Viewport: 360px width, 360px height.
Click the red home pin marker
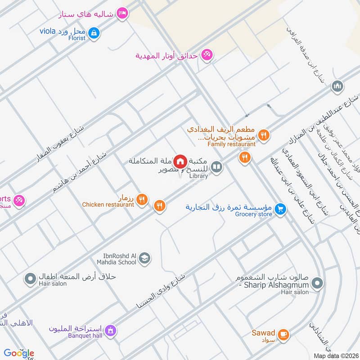180,161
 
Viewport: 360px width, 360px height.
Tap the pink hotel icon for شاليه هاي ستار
121,14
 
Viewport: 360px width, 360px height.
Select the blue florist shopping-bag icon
94,32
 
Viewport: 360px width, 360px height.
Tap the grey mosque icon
337,86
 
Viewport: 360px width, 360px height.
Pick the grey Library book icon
217,167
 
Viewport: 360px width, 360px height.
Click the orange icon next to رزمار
142,199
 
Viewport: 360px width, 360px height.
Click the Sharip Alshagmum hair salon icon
317,283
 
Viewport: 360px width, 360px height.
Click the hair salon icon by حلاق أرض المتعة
30,280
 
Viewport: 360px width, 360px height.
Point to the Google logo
19,353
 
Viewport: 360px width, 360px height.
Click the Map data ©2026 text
335,355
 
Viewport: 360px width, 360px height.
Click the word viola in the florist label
47,31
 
